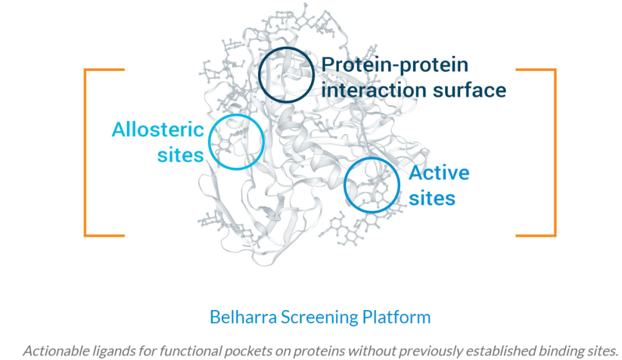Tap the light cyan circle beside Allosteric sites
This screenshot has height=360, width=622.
[x=209, y=142]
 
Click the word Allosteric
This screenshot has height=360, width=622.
[x=158, y=130]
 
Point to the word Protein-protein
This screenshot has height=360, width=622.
[x=395, y=65]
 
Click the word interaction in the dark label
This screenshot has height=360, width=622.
[x=374, y=90]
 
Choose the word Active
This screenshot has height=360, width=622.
[x=439, y=173]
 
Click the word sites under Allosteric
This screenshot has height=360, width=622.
[x=180, y=155]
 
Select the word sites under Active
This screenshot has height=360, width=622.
[x=432, y=199]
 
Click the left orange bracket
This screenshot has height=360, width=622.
[x=85, y=153]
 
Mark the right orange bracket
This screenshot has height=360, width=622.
[x=555, y=153]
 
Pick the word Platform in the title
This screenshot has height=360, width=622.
[x=396, y=317]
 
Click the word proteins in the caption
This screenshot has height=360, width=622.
[x=319, y=351]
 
